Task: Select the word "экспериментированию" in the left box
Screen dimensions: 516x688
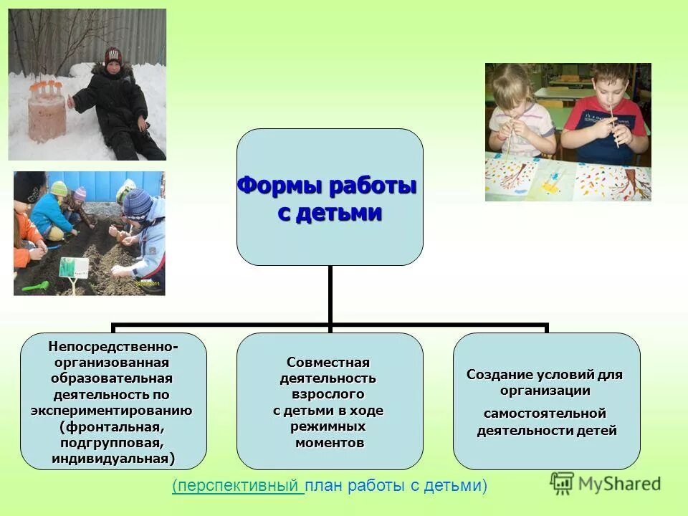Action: click(x=111, y=411)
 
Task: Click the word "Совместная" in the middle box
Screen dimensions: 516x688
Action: click(x=328, y=363)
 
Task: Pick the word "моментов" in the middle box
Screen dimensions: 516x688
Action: click(x=329, y=442)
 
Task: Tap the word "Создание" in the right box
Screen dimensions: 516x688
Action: click(x=499, y=375)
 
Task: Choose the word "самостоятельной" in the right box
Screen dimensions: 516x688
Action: click(x=545, y=414)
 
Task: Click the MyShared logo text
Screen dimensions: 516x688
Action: click(x=620, y=484)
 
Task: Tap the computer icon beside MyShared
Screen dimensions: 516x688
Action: click(x=563, y=483)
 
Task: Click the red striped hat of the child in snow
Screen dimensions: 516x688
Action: click(x=113, y=56)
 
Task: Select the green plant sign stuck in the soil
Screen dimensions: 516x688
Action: click(x=74, y=269)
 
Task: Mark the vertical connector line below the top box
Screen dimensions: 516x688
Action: click(x=330, y=294)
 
